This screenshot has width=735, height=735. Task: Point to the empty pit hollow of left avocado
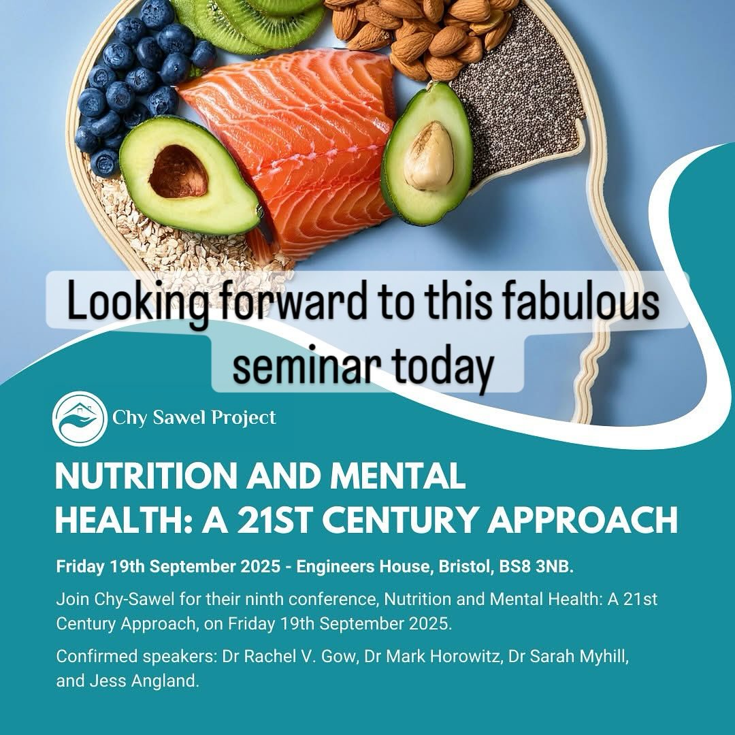pos(179,172)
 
